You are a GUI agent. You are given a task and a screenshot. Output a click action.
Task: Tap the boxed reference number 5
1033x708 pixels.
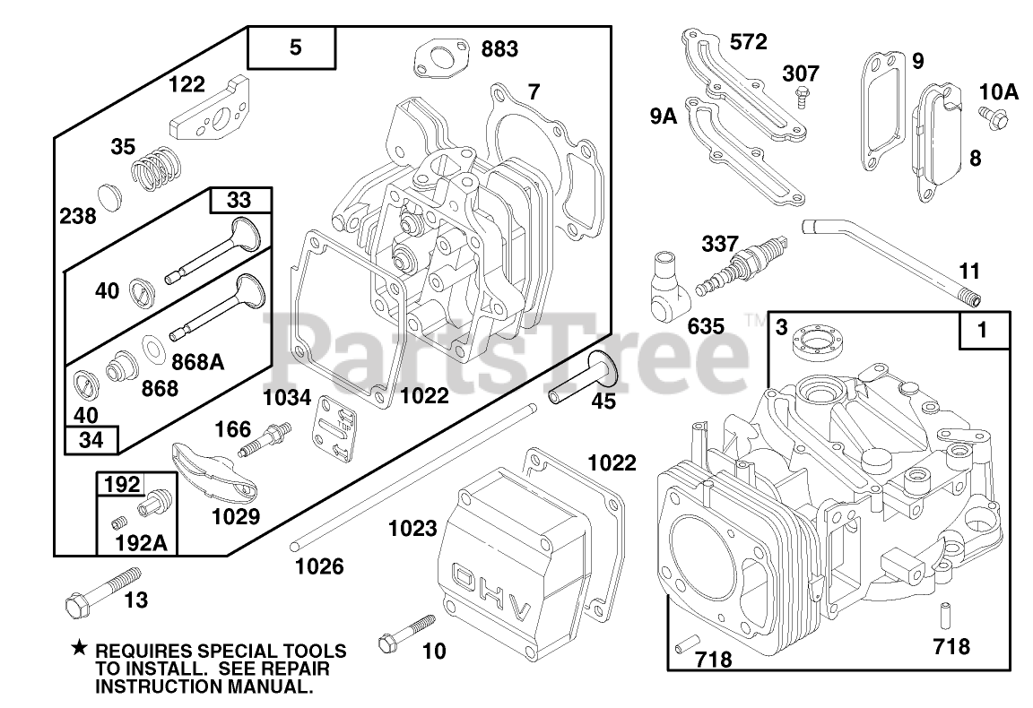tap(295, 48)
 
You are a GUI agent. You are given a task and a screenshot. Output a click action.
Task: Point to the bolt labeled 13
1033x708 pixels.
tap(94, 593)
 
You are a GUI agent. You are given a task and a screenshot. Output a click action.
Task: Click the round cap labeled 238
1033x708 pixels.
tap(109, 197)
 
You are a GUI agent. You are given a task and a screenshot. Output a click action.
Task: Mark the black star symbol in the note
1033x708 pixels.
tap(80, 648)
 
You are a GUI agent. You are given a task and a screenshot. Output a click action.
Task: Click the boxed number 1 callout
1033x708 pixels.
tap(983, 330)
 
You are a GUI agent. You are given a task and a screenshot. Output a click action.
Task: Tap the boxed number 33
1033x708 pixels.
tap(240, 199)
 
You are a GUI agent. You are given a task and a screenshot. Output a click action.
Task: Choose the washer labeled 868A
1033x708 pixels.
tap(154, 346)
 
